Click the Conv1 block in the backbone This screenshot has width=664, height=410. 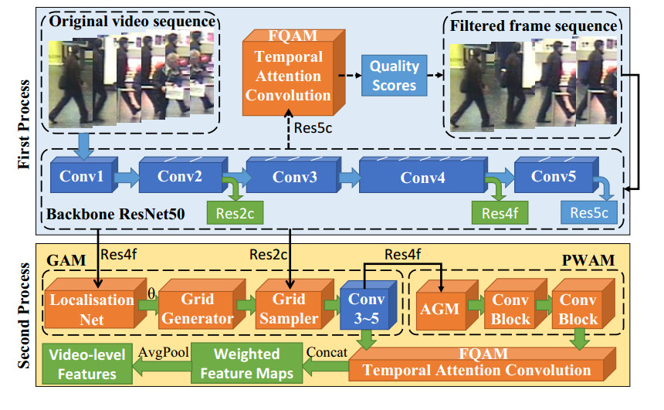coord(80,177)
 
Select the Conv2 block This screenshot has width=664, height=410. coord(179,177)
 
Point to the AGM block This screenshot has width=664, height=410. coord(440,309)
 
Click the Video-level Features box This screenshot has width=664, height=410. coord(83,364)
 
